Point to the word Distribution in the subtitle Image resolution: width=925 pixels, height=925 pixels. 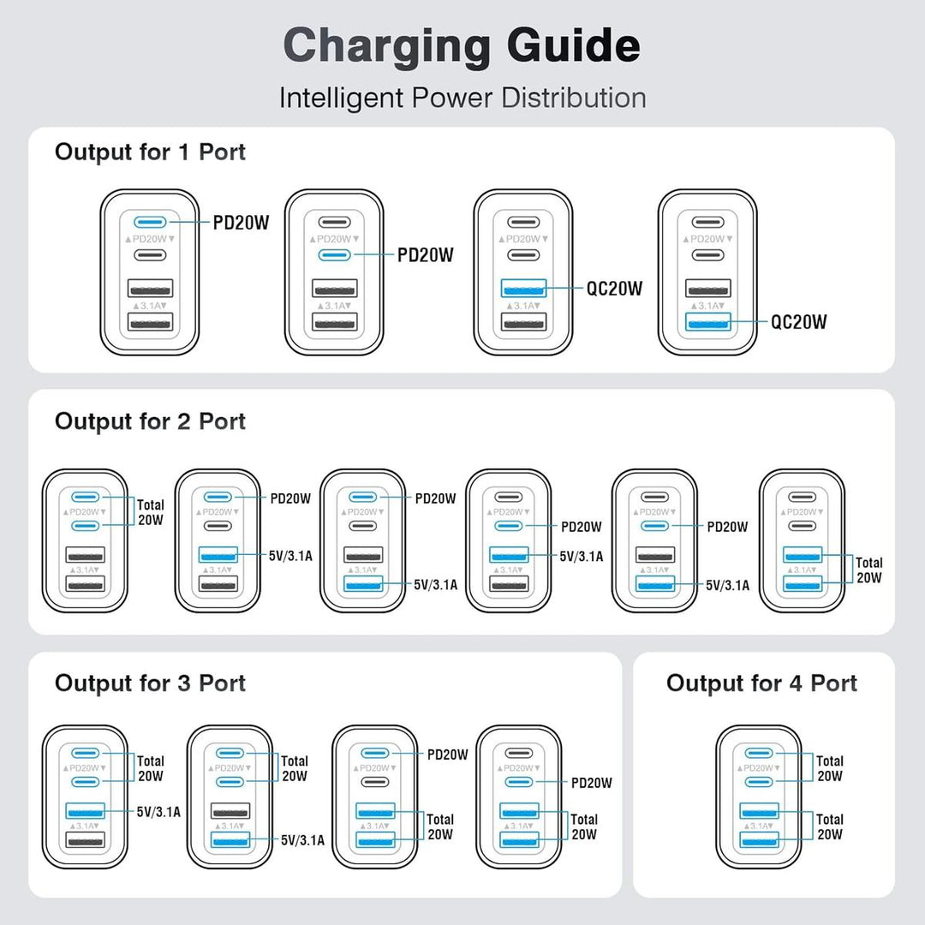573,98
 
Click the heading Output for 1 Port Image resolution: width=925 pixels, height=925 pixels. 150,152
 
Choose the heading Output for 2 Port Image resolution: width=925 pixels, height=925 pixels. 150,421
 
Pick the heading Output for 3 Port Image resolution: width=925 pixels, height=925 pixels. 150,683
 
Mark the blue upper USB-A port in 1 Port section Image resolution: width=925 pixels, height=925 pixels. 523,289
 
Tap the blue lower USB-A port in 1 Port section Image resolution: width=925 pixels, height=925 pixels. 707,322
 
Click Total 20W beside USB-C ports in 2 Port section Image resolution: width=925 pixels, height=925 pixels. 151,511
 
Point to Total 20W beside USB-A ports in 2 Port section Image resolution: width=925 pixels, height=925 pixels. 869,570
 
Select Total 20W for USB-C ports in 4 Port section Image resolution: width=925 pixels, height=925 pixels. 829,767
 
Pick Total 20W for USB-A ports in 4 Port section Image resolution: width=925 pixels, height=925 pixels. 829,826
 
